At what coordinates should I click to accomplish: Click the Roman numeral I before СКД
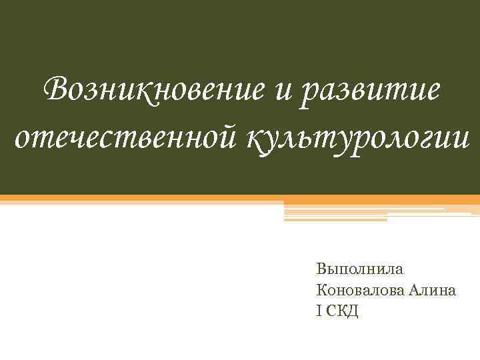point(320,311)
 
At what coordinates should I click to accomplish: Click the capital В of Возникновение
point(55,88)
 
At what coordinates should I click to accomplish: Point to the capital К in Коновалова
point(323,290)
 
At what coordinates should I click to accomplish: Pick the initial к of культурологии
point(255,137)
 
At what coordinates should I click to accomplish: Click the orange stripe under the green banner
point(240,199)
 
